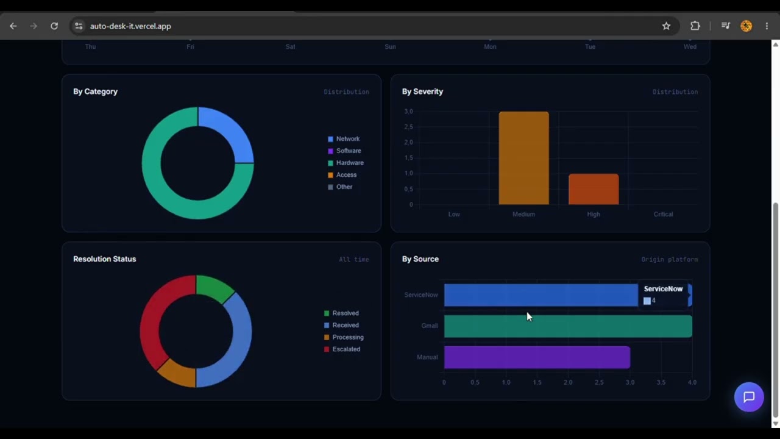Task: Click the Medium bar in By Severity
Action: (523, 158)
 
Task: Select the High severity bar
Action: (594, 189)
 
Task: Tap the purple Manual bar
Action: (537, 357)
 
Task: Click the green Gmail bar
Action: (568, 326)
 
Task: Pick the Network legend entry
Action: (344, 138)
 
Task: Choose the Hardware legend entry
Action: (346, 163)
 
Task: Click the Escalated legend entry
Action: (342, 349)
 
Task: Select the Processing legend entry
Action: (344, 337)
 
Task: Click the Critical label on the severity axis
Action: (663, 214)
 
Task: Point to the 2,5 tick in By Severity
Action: (408, 127)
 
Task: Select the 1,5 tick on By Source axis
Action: (537, 382)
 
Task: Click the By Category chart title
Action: (96, 91)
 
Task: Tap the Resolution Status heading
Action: (104, 259)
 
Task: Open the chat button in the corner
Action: (749, 397)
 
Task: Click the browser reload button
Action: (54, 26)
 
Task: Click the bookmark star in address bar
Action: (666, 26)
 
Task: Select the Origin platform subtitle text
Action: (670, 260)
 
